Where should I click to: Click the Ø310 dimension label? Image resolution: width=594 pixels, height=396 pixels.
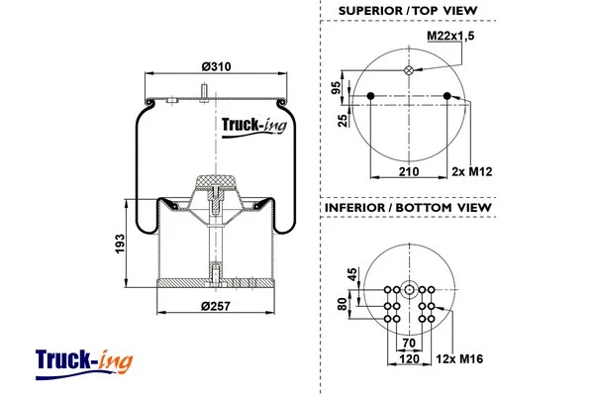216,66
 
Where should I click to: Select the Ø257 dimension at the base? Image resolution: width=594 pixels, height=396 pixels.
216,306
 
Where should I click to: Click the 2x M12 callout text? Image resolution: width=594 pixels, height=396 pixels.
472,171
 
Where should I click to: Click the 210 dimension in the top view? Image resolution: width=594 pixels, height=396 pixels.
407,171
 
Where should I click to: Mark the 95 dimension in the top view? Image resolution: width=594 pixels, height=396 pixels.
337,87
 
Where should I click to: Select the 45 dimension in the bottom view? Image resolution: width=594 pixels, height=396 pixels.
351,274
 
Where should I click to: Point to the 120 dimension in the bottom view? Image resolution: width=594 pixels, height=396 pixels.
407,357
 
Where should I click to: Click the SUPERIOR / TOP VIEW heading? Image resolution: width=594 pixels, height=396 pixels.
407,11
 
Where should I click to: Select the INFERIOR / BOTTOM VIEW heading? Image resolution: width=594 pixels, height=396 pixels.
407,208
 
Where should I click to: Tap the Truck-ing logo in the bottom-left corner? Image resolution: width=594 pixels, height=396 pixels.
83,358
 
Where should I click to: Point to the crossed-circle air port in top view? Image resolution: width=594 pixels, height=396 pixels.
408,70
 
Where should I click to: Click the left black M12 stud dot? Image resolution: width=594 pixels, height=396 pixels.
369,96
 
